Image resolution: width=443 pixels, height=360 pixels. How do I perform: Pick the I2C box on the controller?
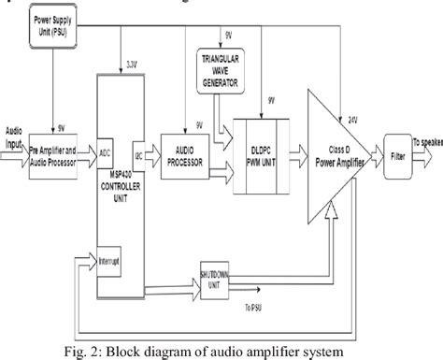point(137,149)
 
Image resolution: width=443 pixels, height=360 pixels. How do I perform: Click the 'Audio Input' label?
point(13,136)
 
